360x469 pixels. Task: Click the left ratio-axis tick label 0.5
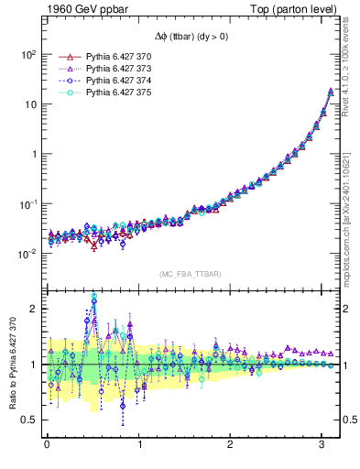[x=29, y=420]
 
